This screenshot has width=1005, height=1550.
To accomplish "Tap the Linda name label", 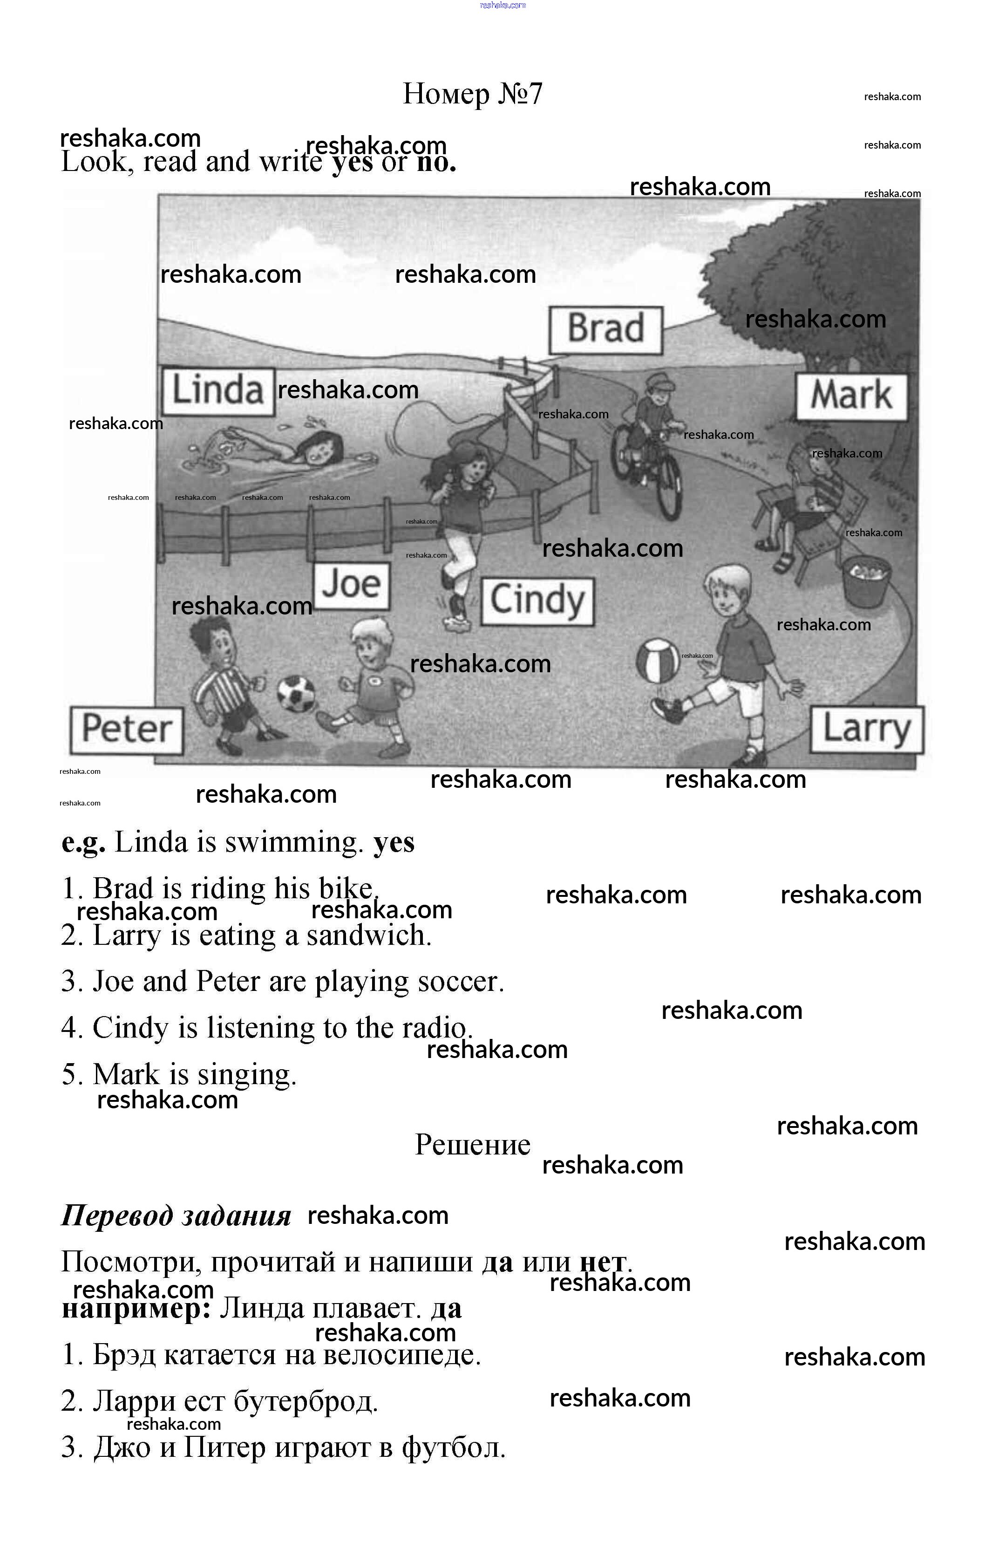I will [217, 391].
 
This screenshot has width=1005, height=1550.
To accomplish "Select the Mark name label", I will [851, 396].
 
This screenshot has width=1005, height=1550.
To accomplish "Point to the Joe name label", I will [352, 585].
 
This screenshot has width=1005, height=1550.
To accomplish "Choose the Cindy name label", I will [537, 601].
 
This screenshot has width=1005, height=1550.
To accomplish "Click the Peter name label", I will [127, 730].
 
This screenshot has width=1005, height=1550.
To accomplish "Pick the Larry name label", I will [866, 730].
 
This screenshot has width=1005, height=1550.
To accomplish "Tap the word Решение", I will [473, 1144].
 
